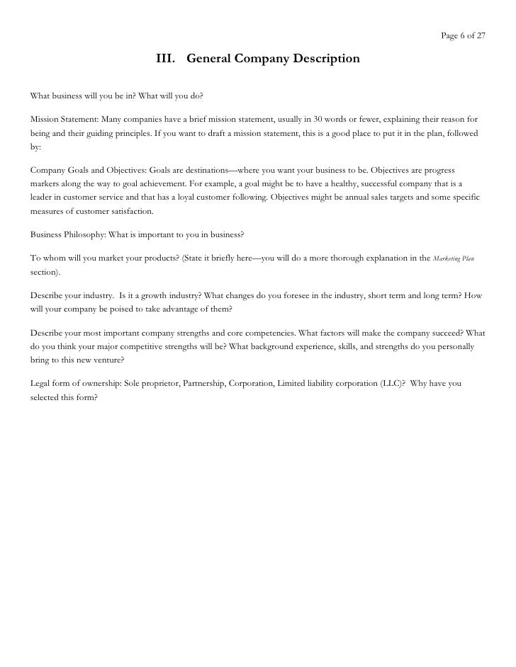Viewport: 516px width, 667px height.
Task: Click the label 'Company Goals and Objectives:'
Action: point(88,172)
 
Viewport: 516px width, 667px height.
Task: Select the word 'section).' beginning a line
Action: point(45,272)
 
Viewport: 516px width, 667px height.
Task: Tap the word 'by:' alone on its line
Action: point(36,149)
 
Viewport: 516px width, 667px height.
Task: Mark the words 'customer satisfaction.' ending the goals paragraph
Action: point(105,210)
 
